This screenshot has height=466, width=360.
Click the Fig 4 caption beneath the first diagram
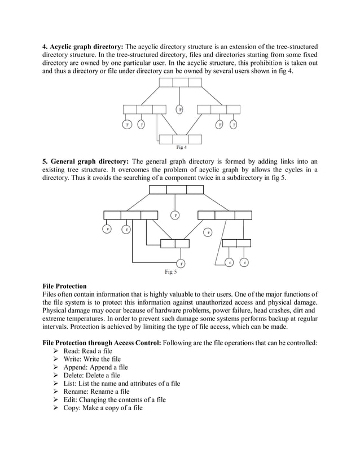point(181,148)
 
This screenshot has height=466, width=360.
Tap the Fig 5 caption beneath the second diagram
point(170,272)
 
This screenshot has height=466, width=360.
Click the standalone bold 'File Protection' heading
point(65,286)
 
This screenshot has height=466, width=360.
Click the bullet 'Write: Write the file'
point(91,359)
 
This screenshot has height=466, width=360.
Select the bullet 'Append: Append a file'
point(95,367)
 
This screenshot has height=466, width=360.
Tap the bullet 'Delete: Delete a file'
point(91,375)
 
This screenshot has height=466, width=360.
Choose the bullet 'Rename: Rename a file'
point(96,392)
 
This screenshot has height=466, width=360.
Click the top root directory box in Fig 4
point(180,83)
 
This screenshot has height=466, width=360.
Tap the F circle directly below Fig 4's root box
point(180,109)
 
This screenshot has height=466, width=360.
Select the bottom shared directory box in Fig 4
point(181,139)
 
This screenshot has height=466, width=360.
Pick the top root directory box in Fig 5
point(176,190)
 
